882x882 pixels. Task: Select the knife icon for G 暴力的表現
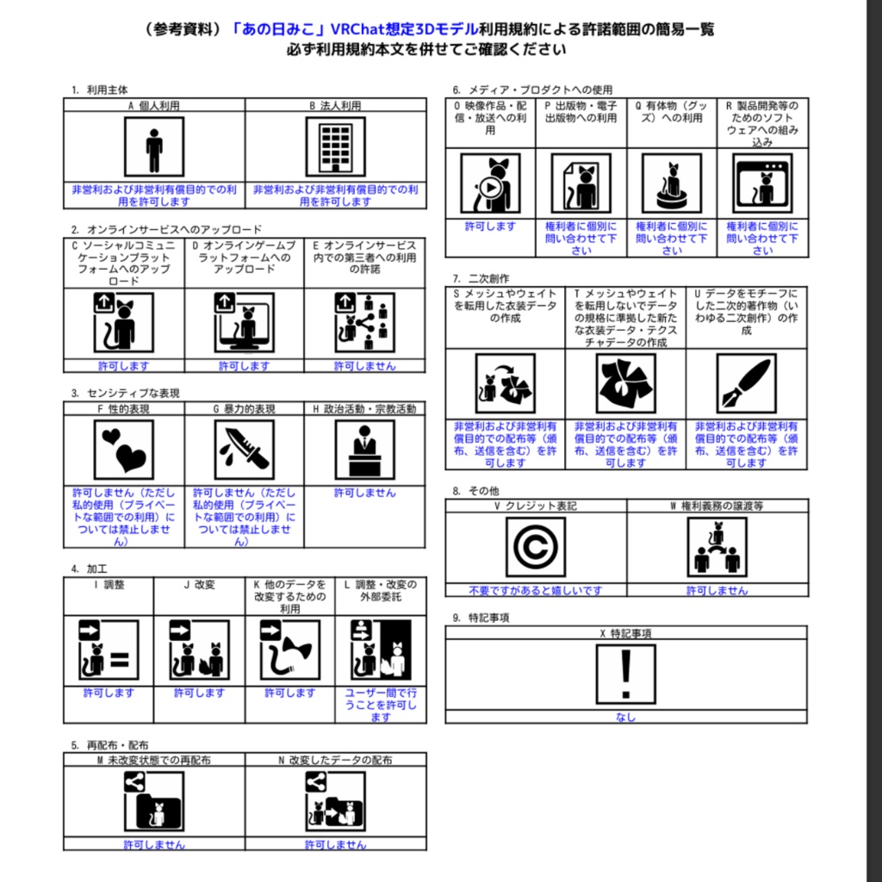tap(244, 449)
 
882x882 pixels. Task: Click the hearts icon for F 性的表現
tap(123, 449)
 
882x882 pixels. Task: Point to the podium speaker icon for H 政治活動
tap(363, 449)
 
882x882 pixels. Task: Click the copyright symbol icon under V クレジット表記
tap(536, 546)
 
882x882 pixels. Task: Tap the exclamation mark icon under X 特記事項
tap(625, 674)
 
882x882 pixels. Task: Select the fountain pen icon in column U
tap(746, 383)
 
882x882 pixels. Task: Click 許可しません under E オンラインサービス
tap(364, 366)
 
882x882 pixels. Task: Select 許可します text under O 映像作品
tap(490, 227)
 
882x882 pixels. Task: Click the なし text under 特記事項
tap(625, 717)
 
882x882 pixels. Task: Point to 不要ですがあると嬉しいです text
tap(535, 591)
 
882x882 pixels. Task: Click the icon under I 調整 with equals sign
tap(108, 649)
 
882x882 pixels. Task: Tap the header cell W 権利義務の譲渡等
tap(717, 506)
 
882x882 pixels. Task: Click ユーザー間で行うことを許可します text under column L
tap(380, 705)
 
